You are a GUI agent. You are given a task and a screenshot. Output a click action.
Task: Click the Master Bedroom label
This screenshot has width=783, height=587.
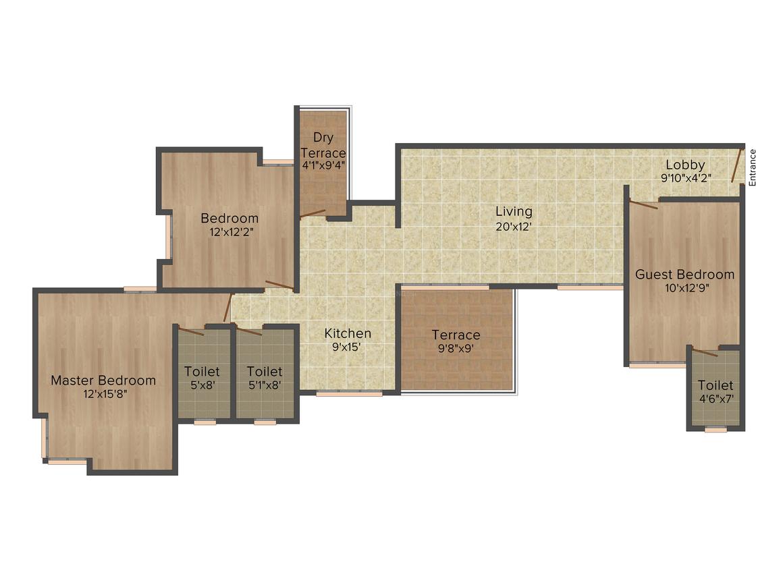(x=103, y=381)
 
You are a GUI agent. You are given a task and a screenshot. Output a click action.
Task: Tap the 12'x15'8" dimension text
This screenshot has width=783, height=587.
(x=105, y=394)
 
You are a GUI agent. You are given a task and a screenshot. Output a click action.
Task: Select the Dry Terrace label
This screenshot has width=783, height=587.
(x=323, y=145)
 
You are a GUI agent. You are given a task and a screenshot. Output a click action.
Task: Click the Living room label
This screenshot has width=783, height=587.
(x=514, y=212)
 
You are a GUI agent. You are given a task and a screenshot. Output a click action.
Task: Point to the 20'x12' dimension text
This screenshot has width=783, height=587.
(x=514, y=227)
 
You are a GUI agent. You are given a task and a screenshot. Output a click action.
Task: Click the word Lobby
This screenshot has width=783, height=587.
(x=685, y=165)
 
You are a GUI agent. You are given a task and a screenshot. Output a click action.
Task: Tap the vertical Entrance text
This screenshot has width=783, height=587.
(x=753, y=168)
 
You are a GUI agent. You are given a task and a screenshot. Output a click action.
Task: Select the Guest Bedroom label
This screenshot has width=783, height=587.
(x=684, y=275)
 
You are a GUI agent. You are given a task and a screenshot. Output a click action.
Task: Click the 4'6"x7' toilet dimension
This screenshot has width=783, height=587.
(x=715, y=399)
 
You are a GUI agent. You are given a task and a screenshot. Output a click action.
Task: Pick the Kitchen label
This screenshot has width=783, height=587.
(x=348, y=333)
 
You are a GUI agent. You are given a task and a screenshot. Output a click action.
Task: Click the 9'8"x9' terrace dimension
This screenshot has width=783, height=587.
(x=456, y=348)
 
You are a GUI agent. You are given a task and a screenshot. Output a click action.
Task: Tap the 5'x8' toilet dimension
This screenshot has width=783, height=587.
(x=202, y=385)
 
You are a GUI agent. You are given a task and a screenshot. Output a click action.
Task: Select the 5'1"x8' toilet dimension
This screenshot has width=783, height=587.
(x=265, y=385)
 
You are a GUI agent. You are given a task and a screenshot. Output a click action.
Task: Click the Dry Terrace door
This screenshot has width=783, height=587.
(x=313, y=214)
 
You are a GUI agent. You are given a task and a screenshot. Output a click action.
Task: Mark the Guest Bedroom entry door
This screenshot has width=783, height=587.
(x=643, y=204)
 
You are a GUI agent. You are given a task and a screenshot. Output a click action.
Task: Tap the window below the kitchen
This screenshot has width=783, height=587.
(x=349, y=393)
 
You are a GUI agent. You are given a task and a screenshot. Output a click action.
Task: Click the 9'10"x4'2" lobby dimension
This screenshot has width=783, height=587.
(x=686, y=178)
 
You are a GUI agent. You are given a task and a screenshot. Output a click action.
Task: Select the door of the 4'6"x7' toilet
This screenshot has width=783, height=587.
(x=705, y=352)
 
